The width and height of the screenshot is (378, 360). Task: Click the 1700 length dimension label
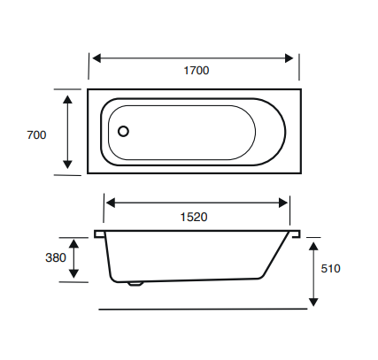(x=195, y=71)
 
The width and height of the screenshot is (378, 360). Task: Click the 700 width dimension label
(x=36, y=135)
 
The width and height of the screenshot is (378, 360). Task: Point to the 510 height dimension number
(x=330, y=268)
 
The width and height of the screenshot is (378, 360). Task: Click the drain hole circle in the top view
(x=123, y=132)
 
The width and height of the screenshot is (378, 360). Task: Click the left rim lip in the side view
(x=99, y=234)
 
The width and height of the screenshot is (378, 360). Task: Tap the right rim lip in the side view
(x=296, y=234)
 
